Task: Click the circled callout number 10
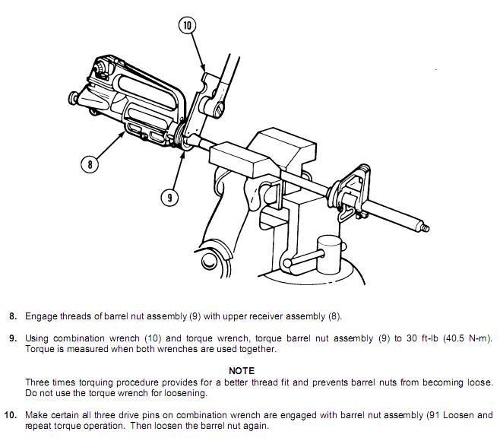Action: coord(188,25)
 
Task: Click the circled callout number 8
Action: coord(90,163)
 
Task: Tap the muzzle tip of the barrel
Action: coord(427,227)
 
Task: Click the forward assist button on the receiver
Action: coord(74,99)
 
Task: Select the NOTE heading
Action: coord(241,370)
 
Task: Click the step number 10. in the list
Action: coord(10,415)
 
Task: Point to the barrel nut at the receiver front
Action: coord(183,141)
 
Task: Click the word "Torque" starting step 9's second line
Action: coord(40,349)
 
